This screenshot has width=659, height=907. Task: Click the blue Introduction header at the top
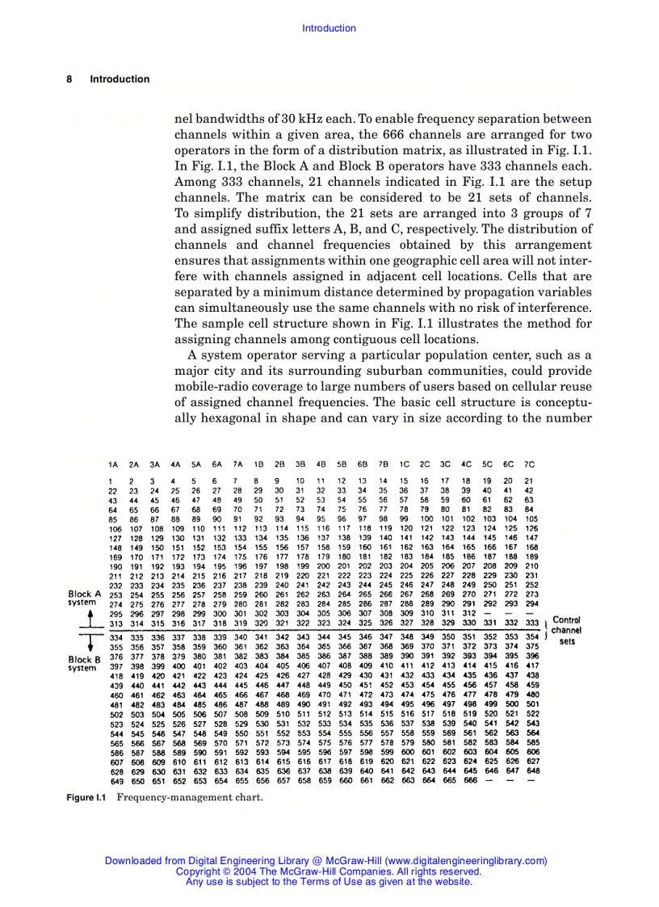click(329, 28)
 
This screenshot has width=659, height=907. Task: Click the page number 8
click(69, 79)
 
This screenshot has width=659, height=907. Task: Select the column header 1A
click(113, 465)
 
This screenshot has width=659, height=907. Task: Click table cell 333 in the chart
click(531, 624)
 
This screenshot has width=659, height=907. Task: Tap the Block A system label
click(84, 598)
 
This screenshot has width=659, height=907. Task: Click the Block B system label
click(84, 664)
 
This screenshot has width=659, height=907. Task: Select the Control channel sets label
click(567, 631)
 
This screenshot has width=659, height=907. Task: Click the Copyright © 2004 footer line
click(329, 871)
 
